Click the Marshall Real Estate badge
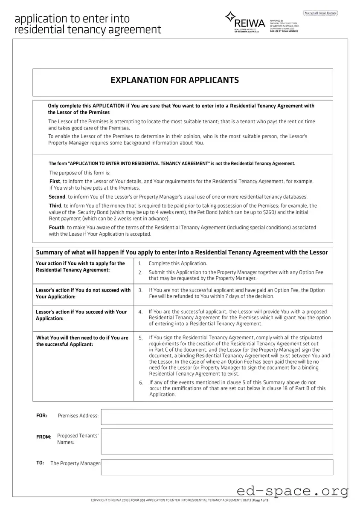tap(320, 13)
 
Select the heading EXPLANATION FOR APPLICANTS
tap(175, 80)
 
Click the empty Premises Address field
tap(217, 417)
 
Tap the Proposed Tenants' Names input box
tap(217, 441)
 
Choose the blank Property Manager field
tap(217, 467)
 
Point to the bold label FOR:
tap(41, 416)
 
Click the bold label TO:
tap(40, 463)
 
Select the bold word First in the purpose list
tap(55, 181)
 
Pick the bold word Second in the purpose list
tap(57, 197)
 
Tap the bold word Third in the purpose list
tap(55, 206)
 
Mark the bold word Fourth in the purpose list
tap(57, 228)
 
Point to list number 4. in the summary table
tap(140, 312)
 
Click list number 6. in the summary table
tap(141, 383)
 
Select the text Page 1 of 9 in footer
tap(261, 500)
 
